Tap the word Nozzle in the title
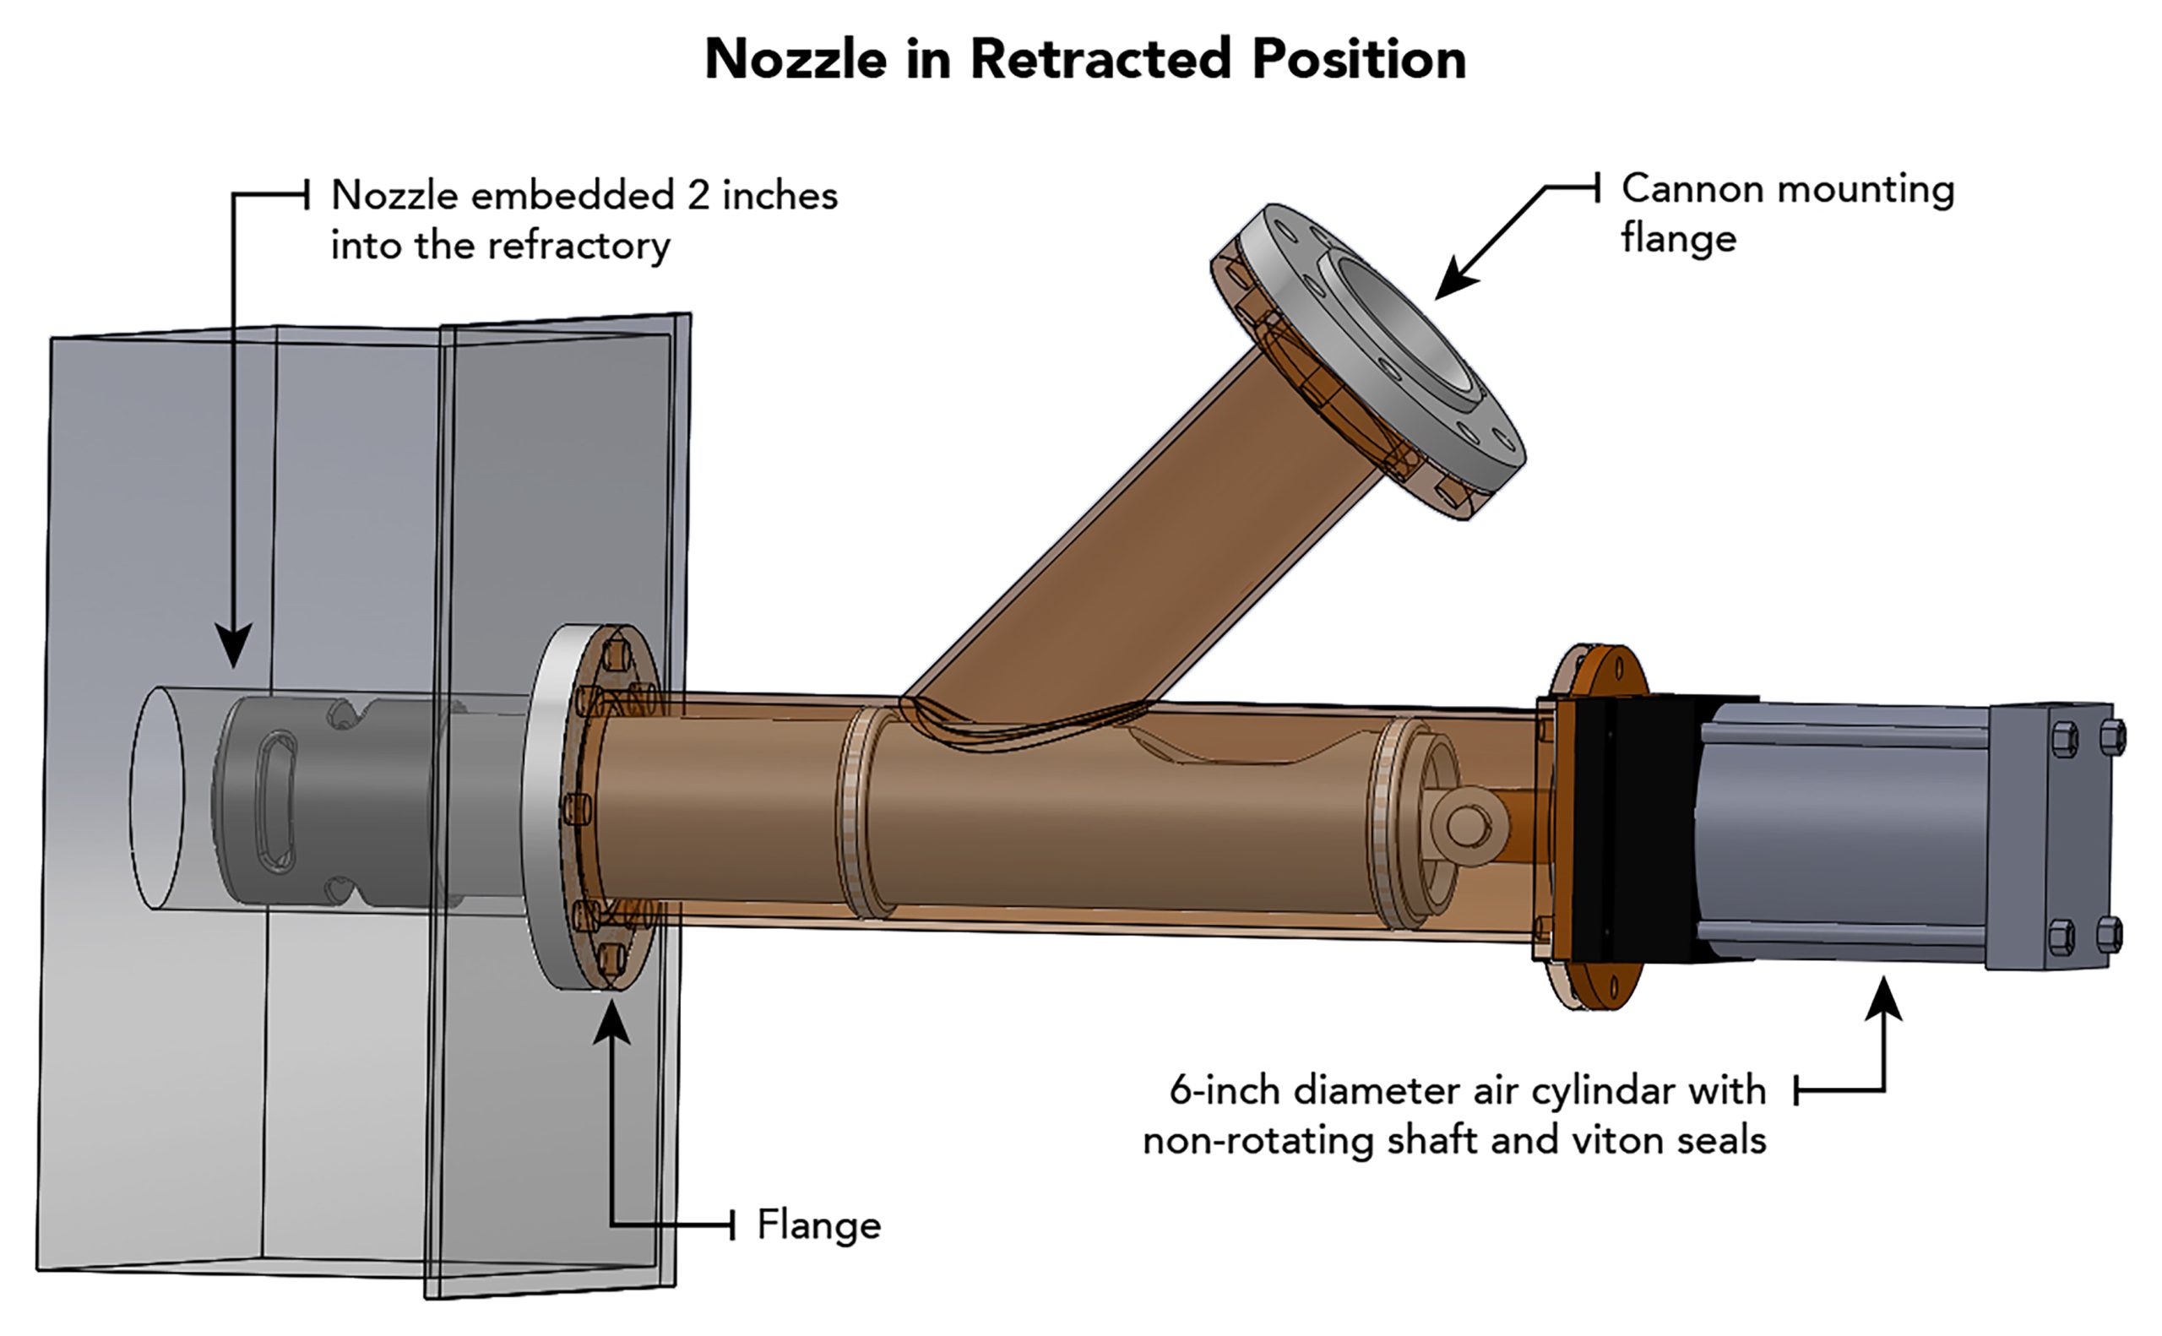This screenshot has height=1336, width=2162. tap(796, 59)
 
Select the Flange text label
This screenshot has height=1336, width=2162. tap(819, 1225)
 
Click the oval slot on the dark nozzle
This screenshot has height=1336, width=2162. tap(275, 802)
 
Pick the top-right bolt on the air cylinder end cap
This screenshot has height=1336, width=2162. tap(2111, 738)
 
